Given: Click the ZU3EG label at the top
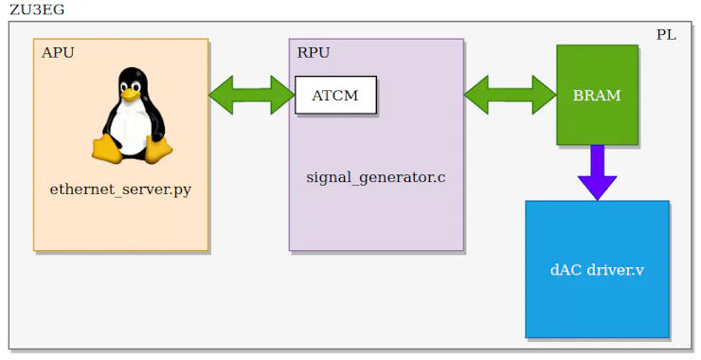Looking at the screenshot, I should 37,10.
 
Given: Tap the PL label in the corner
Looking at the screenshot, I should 667,35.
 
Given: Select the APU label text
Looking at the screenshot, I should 58,53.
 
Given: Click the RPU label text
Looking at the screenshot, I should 314,53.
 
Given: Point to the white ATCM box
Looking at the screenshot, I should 335,95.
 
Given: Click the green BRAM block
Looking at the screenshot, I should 597,95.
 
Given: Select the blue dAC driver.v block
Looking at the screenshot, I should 597,269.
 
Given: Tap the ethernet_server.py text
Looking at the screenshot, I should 120,189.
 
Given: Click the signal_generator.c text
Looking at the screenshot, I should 375,177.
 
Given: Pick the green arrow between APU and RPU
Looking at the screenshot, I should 252,94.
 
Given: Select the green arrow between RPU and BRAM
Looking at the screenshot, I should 510,94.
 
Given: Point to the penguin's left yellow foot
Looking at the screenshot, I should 106,150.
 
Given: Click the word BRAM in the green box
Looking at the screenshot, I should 597,96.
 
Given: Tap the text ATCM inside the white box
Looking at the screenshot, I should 335,96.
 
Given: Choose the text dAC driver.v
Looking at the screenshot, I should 597,270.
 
